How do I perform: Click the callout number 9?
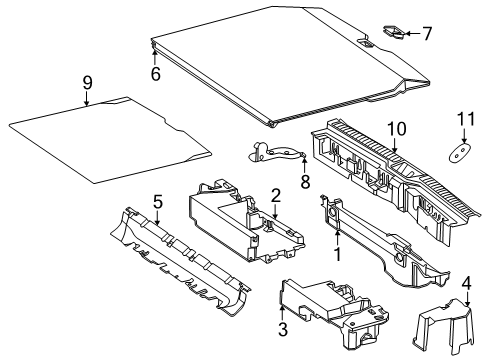[x=87, y=83]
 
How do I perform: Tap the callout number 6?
[x=156, y=74]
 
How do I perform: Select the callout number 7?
[x=427, y=34]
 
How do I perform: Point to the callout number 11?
[x=466, y=119]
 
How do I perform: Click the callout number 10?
[x=397, y=129]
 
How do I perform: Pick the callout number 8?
[x=305, y=182]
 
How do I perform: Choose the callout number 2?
[x=276, y=196]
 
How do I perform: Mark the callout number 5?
[x=158, y=202]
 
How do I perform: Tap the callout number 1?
[x=338, y=254]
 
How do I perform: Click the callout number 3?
[x=283, y=329]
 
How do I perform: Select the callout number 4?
[x=467, y=284]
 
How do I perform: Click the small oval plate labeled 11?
[x=461, y=153]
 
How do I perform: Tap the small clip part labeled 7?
[x=393, y=32]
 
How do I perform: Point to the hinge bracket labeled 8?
[x=277, y=152]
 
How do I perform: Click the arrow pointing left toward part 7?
[x=413, y=34]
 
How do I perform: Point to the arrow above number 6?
[x=155, y=56]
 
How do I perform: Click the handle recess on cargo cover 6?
[x=365, y=42]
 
